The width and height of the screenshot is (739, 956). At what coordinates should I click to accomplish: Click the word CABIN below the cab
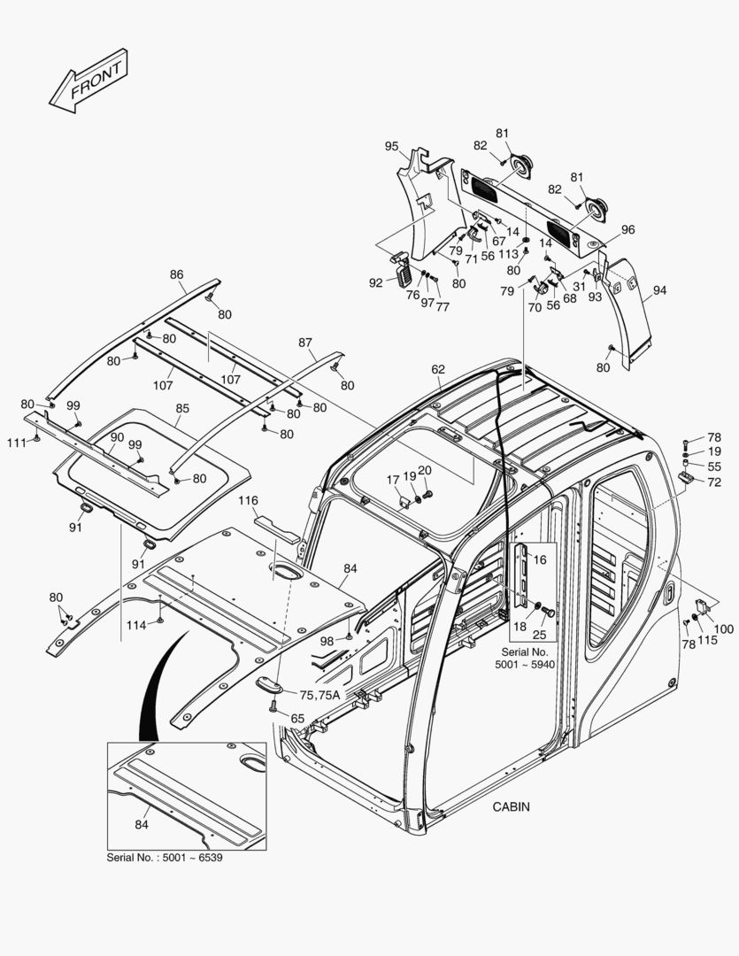[511, 806]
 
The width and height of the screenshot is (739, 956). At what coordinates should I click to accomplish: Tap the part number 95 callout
[391, 146]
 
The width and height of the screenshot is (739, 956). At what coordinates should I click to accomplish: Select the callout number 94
[660, 290]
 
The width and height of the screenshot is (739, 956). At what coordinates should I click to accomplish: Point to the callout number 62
[439, 368]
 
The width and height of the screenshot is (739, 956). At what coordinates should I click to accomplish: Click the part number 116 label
[248, 501]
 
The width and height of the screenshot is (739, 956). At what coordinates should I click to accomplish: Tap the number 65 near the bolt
[297, 718]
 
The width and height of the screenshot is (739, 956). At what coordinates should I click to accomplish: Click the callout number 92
[375, 282]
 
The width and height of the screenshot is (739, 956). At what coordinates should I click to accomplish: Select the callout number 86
[177, 274]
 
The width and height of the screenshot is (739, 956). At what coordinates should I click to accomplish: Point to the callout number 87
[305, 342]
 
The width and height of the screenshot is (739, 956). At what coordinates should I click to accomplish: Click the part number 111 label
[17, 441]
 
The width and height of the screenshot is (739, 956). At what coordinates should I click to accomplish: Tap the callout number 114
[136, 625]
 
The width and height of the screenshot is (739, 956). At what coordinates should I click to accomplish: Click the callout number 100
[723, 628]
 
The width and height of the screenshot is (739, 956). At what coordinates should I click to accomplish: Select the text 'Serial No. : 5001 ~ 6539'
[164, 859]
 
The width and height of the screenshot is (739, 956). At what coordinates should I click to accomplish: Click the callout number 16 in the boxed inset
[540, 559]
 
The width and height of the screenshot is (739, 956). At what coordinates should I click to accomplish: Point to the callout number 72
[714, 482]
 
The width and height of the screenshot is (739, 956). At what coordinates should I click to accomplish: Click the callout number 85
[182, 409]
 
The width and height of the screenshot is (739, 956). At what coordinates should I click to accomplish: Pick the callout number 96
[627, 229]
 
